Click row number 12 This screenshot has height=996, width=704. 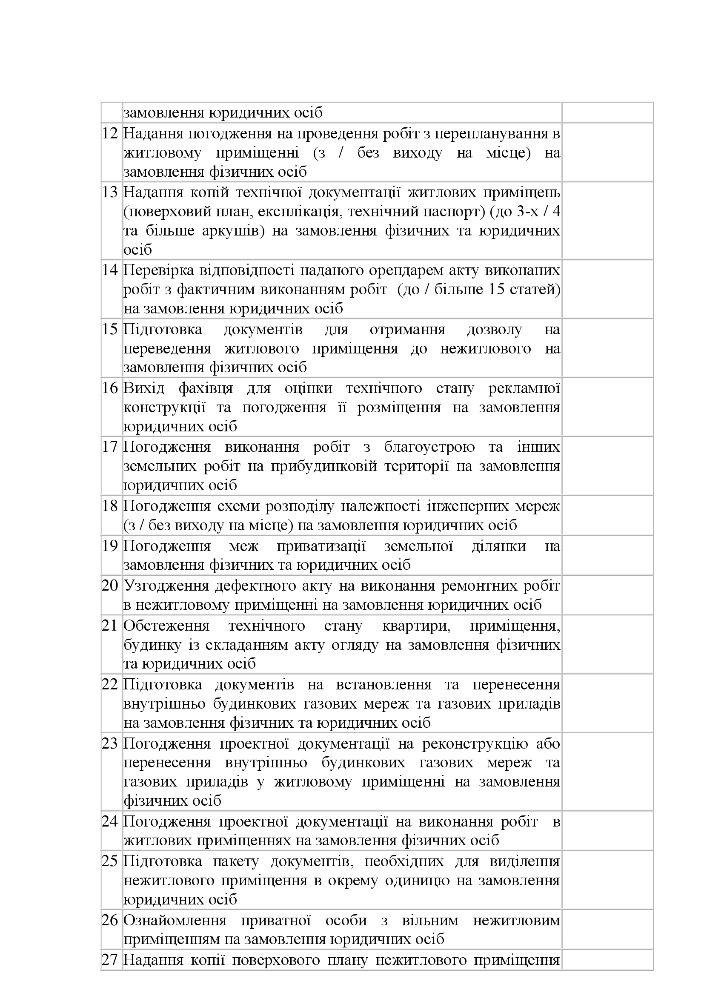coord(110,134)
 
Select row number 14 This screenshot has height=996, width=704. coord(110,270)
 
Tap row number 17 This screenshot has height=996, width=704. coord(110,447)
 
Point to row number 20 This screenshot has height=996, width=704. coord(110,586)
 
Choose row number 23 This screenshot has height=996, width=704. coord(110,743)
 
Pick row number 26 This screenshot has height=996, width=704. coord(110,920)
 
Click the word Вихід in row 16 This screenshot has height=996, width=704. coord(144,388)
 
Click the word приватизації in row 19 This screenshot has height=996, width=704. coord(321,546)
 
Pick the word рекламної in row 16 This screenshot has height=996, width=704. coord(524,388)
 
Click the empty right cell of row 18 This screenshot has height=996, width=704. coord(607,515)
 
